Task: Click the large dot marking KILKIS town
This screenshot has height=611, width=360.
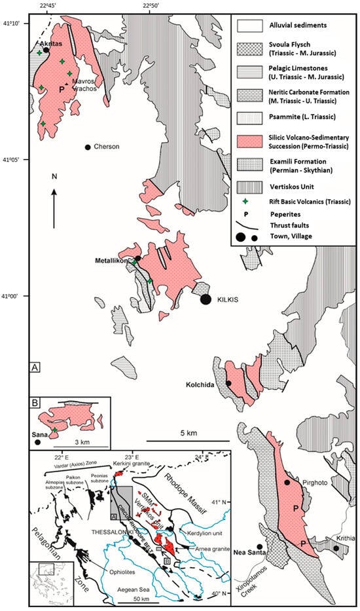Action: pyautogui.click(x=206, y=299)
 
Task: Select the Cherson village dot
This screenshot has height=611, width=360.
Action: pyautogui.click(x=87, y=147)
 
